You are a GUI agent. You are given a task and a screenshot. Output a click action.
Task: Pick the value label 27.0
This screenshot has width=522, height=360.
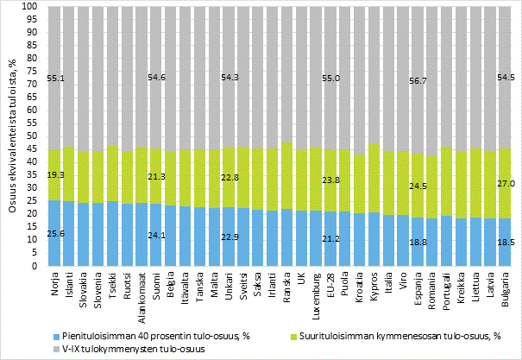(507, 183)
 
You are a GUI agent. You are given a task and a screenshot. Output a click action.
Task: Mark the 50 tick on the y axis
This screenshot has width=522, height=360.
(31, 136)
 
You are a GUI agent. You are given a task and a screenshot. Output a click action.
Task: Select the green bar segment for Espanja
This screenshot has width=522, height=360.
(418, 186)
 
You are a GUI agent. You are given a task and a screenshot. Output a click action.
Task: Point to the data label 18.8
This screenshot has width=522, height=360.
(418, 243)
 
